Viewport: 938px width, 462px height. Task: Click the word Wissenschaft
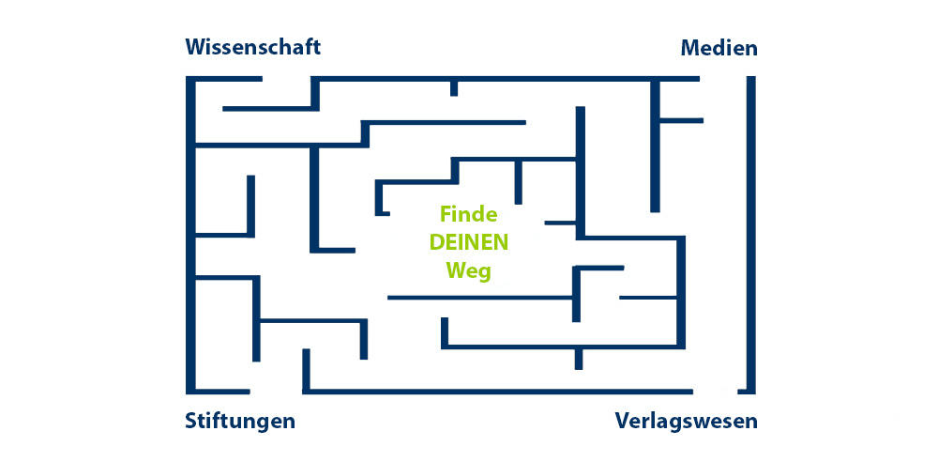point(253,47)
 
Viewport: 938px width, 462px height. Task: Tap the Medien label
point(719,48)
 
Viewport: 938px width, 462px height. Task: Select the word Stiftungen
point(240,420)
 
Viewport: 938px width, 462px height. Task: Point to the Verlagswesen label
point(686,420)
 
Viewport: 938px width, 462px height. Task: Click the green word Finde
point(469,214)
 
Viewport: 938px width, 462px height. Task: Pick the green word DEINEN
point(469,241)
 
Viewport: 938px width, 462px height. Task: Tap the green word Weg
point(469,270)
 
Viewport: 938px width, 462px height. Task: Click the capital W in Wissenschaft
point(197,47)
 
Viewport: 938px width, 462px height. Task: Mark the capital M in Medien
point(691,48)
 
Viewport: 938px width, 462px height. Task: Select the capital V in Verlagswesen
point(623,420)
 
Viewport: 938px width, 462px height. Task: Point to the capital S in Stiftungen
point(191,420)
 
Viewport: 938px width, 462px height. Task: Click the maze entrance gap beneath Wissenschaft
point(287,79)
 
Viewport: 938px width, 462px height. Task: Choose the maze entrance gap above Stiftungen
point(276,390)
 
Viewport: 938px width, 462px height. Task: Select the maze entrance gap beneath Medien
point(724,79)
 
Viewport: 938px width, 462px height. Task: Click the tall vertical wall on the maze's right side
point(751,235)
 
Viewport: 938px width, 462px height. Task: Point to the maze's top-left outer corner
point(190,79)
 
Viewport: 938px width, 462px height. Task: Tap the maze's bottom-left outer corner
point(190,390)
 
